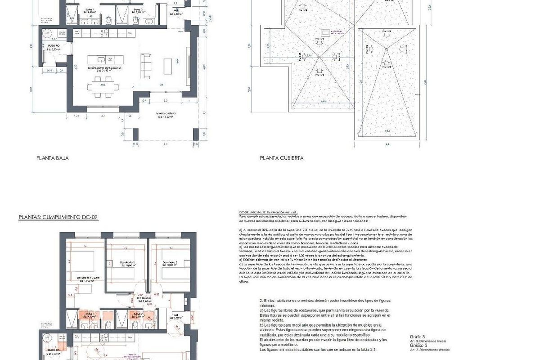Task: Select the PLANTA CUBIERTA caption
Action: (x=282, y=158)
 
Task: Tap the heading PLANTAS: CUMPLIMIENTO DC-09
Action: (x=58, y=217)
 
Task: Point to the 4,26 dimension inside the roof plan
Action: (x=323, y=101)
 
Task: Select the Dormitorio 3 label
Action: (x=170, y=262)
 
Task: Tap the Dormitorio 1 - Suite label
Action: (x=88, y=278)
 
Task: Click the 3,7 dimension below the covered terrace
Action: (x=166, y=144)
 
